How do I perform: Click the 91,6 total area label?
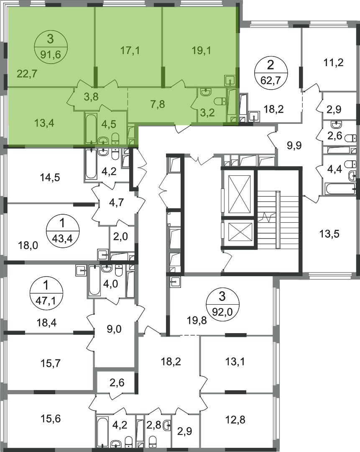[x=51, y=54]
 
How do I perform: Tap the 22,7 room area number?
[x=27, y=74]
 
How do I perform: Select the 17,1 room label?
[x=130, y=51]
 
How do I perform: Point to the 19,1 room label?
[x=202, y=51]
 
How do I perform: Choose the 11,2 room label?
[x=333, y=62]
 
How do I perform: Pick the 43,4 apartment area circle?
[x=62, y=230]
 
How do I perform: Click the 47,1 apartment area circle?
[x=46, y=293]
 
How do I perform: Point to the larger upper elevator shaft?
[x=239, y=193]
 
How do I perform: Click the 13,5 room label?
[x=329, y=234]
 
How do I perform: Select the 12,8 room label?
[x=235, y=420]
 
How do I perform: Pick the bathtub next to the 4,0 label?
[x=94, y=280]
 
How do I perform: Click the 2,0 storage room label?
[x=120, y=236]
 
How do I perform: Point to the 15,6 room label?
[x=51, y=418]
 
